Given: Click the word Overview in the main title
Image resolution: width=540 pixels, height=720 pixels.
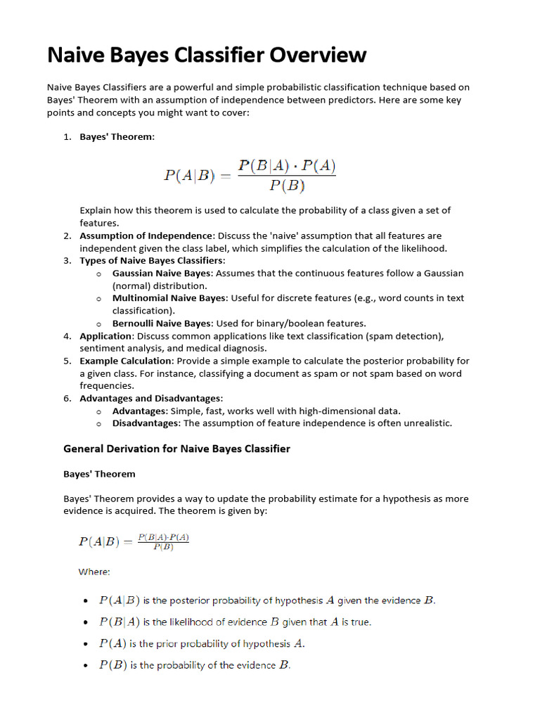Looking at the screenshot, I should pos(313,54).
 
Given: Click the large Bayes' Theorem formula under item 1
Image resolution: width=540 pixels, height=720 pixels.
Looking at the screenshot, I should pos(250,175).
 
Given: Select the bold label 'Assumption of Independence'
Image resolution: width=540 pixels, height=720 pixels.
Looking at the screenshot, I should pos(145,236).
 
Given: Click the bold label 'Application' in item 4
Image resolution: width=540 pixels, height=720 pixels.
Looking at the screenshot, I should pos(105,336).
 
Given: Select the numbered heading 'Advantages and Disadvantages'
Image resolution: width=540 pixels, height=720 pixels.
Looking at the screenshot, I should pos(150,398).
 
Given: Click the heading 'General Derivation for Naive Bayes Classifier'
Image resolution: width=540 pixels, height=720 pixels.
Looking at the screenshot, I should pos(176,449).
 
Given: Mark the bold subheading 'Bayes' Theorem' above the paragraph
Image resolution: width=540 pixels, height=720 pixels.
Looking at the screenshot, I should pos(99,474).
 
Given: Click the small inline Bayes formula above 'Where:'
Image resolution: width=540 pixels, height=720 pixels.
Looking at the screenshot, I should pos(134,541).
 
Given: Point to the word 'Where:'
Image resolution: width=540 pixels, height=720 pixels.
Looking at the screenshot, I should pos(94,572).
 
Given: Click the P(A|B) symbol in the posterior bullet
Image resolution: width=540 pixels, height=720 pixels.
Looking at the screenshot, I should pos(120,600).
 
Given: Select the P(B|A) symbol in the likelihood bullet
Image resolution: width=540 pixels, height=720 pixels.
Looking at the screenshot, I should pos(120,622).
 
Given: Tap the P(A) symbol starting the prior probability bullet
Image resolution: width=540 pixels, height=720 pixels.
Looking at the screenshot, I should pos(113,643).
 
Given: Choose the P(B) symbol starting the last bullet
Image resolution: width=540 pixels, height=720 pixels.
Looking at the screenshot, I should pos(113,664).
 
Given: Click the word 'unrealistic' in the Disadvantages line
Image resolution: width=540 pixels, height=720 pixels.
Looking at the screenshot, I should pos(425,423).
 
